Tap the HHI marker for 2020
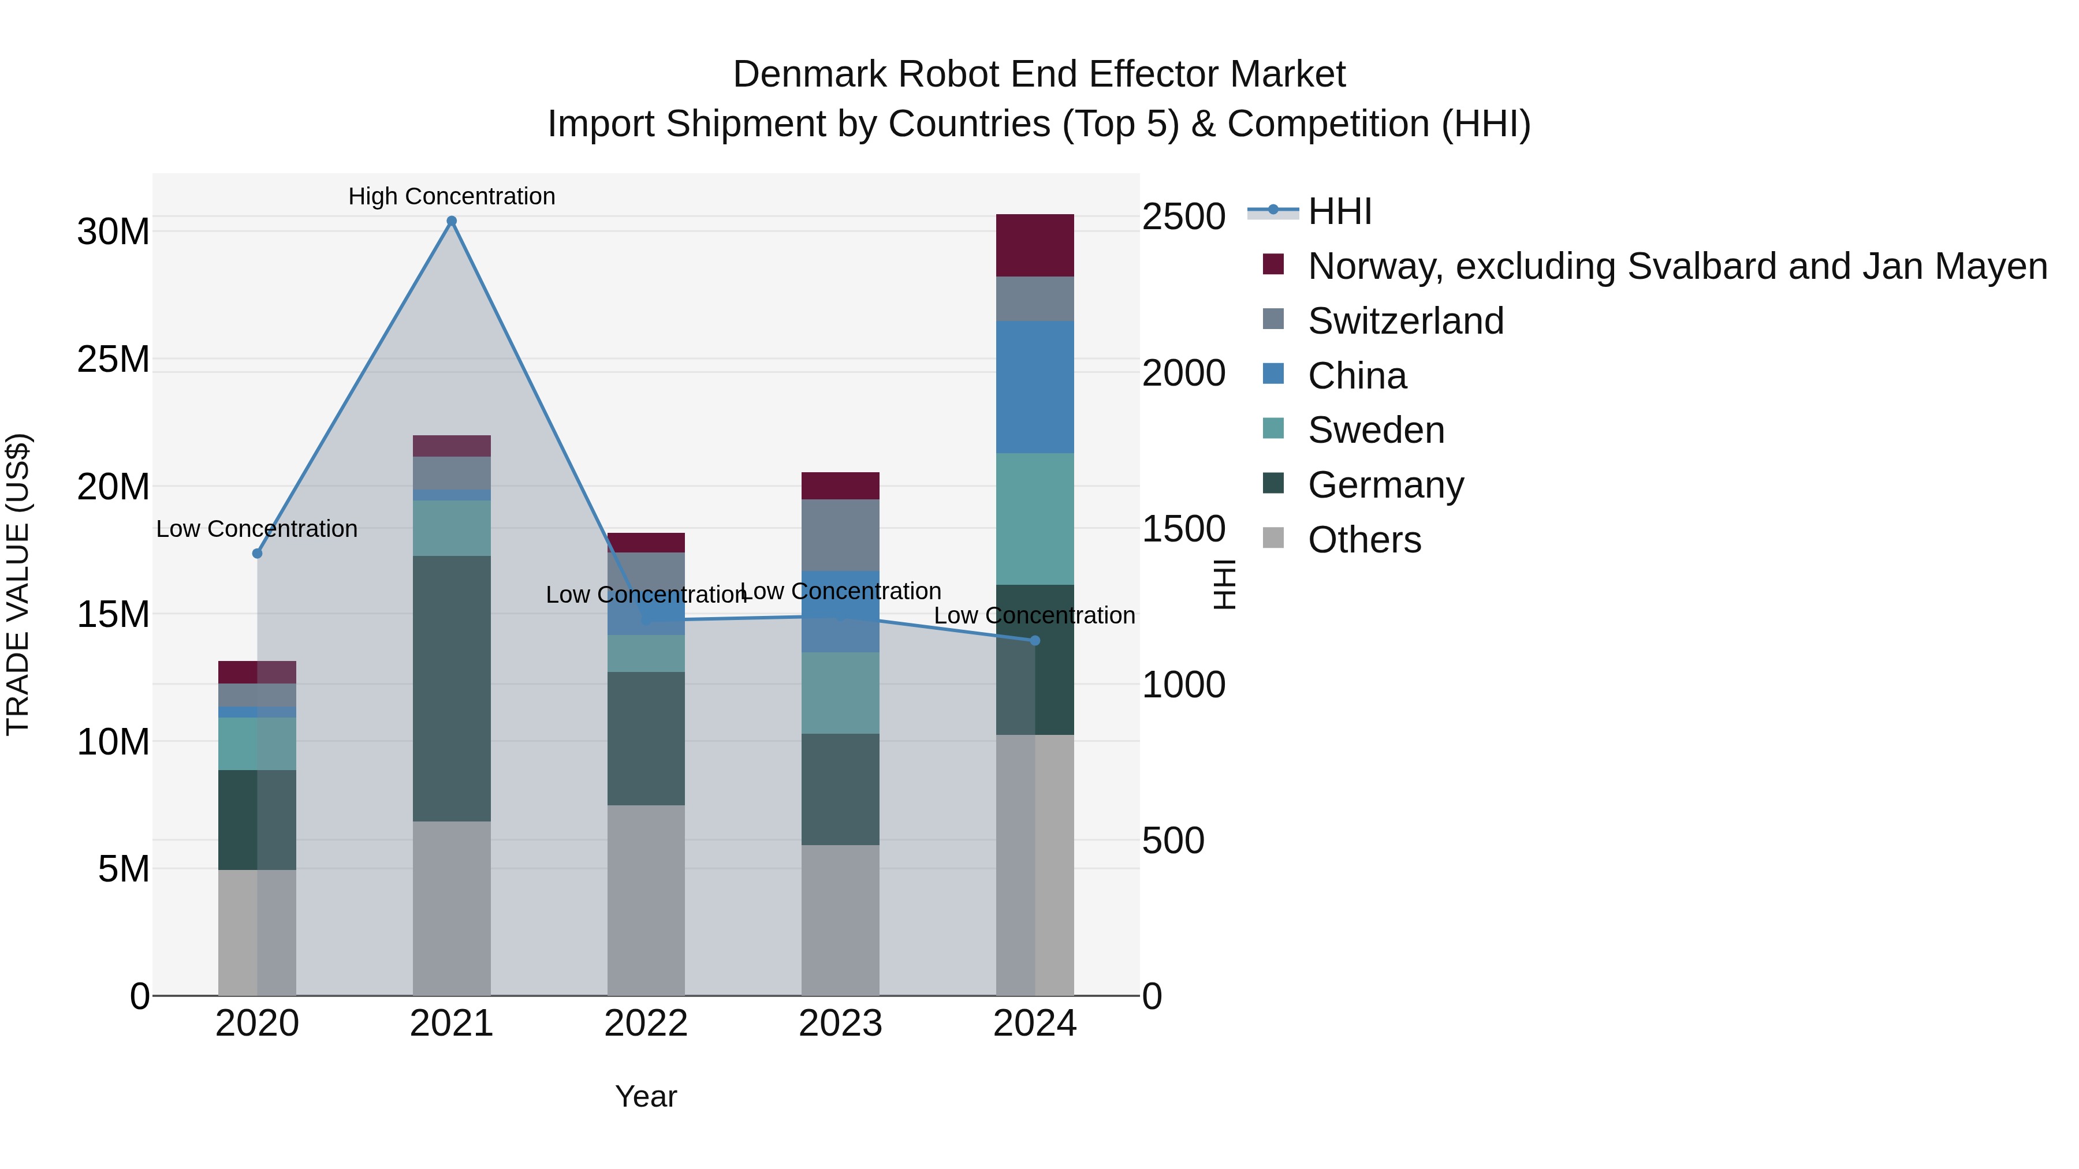tap(258, 554)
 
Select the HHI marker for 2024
tap(1035, 641)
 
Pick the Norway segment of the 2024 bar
tap(1035, 245)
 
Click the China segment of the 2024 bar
tap(1035, 387)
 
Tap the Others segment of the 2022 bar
tap(646, 899)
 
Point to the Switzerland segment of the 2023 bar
tap(840, 535)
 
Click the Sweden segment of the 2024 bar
tap(1035, 519)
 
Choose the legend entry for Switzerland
tap(1405, 321)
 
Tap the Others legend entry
tap(1364, 540)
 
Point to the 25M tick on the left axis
tap(113, 359)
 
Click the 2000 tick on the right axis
tap(1183, 373)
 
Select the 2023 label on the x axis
tap(840, 1024)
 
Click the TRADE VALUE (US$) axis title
tap(18, 584)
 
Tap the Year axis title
tap(646, 1096)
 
